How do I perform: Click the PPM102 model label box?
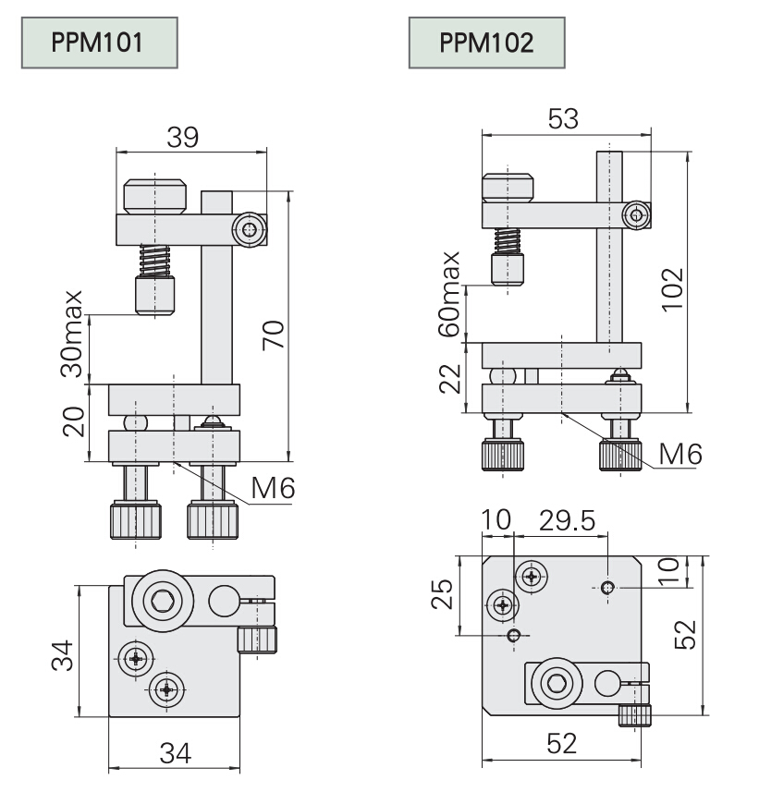click(x=485, y=43)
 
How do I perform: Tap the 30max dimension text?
click(x=71, y=334)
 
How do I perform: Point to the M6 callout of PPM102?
click(x=680, y=454)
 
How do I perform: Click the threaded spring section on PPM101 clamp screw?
click(x=156, y=259)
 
